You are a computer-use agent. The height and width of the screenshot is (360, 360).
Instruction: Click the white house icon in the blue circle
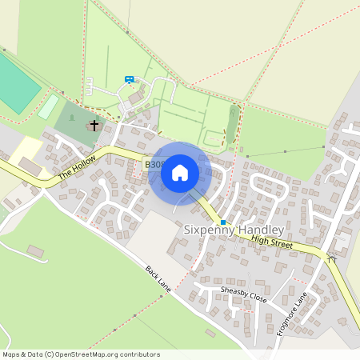tap(180, 173)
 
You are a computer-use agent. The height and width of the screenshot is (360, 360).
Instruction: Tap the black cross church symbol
tap(94, 125)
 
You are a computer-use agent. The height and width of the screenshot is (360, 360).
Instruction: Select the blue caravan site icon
tap(130, 79)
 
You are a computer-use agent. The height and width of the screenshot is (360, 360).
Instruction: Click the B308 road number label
tap(154, 164)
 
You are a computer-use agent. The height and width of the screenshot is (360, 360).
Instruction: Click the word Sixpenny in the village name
tap(210, 229)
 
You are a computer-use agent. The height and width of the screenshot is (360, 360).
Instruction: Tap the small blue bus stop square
tap(223, 222)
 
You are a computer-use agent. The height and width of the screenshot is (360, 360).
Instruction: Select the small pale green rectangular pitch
tap(48, 106)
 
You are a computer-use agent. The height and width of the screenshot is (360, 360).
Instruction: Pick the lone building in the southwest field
tap(35, 251)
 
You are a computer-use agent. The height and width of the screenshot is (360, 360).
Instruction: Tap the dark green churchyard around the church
tap(76, 122)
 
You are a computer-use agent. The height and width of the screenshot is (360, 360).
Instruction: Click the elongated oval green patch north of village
tap(233, 124)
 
